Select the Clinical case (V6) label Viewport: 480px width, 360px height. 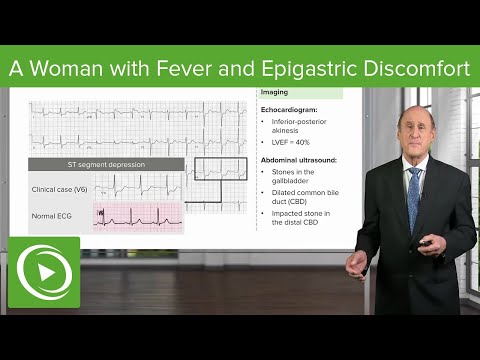point(55,187)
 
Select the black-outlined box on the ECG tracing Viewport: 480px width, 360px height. point(219,172)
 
